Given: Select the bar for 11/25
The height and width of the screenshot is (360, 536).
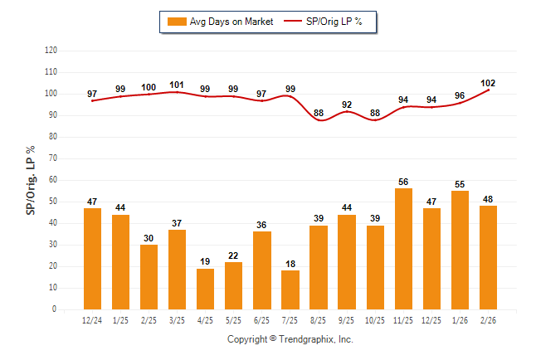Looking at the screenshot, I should pos(403,249).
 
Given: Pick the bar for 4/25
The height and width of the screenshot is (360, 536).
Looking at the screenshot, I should pos(205,289).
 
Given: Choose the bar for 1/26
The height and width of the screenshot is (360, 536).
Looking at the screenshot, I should pos(460,250).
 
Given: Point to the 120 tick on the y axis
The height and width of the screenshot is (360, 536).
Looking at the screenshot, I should pos(51,51).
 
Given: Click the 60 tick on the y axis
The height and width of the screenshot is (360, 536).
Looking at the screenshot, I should pos(53,180).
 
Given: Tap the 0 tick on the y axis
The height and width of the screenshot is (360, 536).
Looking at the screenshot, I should pos(55,309).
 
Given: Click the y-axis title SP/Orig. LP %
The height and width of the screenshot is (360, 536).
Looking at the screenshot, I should pos(31,179).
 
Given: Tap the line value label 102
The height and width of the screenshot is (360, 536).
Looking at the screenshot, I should pos(488,82).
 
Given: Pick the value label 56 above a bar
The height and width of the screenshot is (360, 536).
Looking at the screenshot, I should pos(403,182).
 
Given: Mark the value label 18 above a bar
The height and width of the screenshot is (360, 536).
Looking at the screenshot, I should pos(290,264).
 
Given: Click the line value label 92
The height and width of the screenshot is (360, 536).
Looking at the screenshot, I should pos(347,105).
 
